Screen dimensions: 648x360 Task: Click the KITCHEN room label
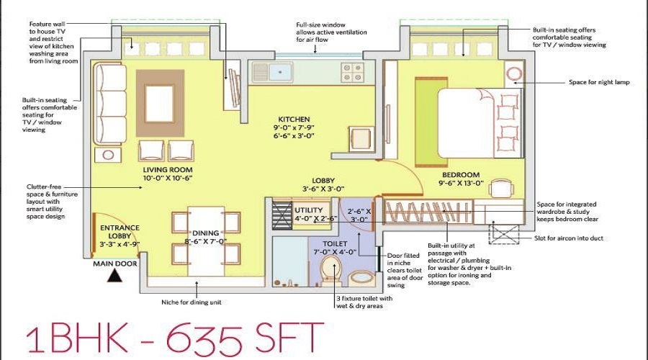(294, 119)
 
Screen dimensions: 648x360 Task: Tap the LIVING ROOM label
(168, 169)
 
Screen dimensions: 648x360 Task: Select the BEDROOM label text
(461, 175)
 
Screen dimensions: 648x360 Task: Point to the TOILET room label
(335, 243)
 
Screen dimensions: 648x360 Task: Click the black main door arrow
(114, 276)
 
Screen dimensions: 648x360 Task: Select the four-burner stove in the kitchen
(353, 72)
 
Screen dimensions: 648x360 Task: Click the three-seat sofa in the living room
(109, 104)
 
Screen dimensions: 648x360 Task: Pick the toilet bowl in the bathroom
(331, 270)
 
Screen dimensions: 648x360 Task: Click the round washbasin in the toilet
(362, 278)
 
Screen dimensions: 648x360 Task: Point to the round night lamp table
(513, 74)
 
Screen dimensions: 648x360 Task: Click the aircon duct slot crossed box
(504, 234)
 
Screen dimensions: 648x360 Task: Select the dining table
(206, 241)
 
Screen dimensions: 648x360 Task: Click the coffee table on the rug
(160, 104)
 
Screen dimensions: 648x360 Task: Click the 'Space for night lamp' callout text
(599, 82)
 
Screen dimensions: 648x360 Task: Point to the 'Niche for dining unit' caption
(192, 302)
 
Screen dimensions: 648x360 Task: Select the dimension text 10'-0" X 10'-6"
(168, 178)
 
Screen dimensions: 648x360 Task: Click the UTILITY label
(309, 210)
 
